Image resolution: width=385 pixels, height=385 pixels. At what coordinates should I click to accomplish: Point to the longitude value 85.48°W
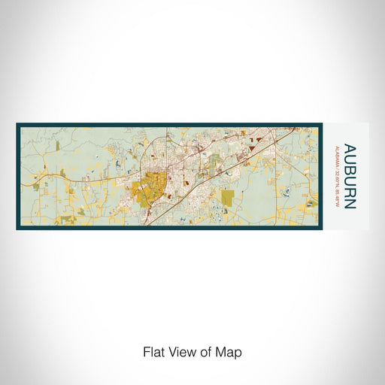pos(335,194)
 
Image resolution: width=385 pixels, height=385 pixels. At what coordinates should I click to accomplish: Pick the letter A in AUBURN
pos(348,147)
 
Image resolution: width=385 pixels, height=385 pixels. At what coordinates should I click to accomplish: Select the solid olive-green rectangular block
pos(227,197)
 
